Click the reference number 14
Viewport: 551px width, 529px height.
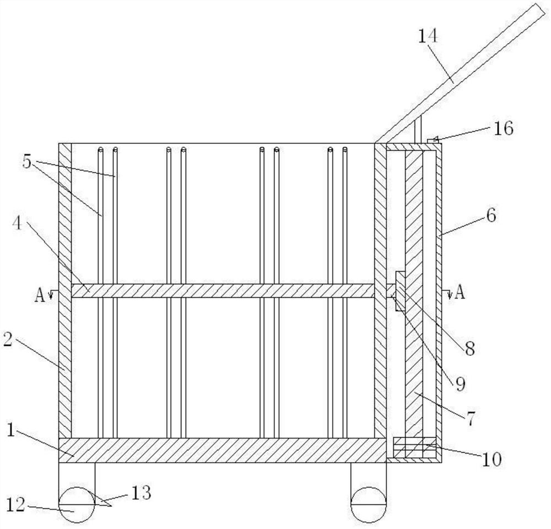click(x=428, y=37)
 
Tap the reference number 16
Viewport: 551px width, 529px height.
click(x=504, y=129)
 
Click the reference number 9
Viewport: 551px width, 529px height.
click(x=459, y=382)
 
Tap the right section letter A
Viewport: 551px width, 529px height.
click(x=459, y=292)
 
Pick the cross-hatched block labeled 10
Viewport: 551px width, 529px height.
click(x=414, y=447)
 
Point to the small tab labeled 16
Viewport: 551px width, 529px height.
click(x=433, y=142)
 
